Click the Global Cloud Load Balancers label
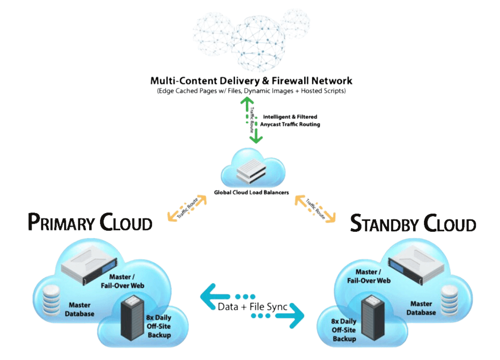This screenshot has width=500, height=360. coord(251,192)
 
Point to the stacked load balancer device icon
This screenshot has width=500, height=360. coord(251,171)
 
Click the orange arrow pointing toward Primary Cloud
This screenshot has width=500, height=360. coord(186,208)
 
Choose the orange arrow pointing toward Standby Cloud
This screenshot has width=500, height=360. coord(315,208)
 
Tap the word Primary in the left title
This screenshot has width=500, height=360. coord(61,222)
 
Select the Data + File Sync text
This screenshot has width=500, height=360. coord(252,307)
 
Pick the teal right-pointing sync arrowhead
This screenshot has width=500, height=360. coord(293,315)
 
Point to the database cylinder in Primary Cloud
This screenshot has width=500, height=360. coord(52,300)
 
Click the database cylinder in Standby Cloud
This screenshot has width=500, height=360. coord(449,300)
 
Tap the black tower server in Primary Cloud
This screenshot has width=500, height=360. coord(132,318)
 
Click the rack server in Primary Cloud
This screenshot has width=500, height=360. coord(90,267)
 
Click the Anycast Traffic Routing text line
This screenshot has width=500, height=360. coord(290,125)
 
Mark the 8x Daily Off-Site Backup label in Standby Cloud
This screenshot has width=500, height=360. coord(344,330)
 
